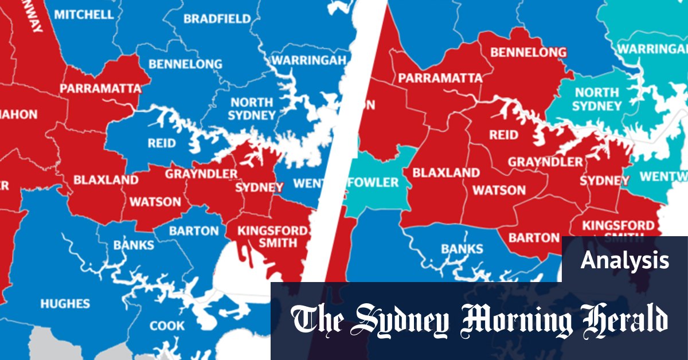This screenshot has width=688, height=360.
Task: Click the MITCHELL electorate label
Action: click(x=84, y=14)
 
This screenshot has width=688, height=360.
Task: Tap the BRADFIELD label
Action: click(x=217, y=19)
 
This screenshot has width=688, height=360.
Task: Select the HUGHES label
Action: click(x=64, y=303)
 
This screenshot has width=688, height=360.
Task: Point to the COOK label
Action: click(x=167, y=326)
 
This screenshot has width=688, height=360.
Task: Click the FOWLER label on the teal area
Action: click(x=373, y=182)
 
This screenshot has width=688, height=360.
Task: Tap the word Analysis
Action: click(x=624, y=260)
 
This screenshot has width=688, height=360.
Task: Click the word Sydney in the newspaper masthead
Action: click(x=401, y=320)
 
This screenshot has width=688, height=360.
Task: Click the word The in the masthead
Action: click(x=318, y=320)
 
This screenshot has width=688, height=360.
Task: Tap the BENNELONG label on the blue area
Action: click(x=185, y=64)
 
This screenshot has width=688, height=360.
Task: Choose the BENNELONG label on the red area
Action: click(x=528, y=53)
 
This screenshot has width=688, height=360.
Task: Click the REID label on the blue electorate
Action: click(x=162, y=143)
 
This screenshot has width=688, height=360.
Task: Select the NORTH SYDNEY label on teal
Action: click(x=597, y=99)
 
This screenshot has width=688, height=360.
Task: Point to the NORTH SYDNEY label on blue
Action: click(x=252, y=108)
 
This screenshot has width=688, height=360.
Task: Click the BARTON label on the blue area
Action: click(x=193, y=231)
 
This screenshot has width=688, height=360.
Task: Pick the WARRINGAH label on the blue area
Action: click(x=309, y=60)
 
